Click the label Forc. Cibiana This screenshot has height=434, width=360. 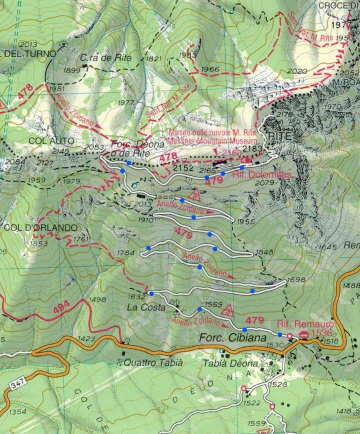coord(226,338)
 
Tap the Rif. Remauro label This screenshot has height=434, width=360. coord(305,324)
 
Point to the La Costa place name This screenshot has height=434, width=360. coord(146,307)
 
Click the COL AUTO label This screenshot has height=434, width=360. coord(45,141)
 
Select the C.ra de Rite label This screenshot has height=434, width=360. coord(105,58)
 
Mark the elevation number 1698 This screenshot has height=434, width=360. coord(296,280)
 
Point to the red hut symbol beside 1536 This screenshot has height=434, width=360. coord(304,334)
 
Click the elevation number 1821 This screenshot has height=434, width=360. coord(153,59)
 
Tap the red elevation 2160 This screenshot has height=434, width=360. coord(232,153)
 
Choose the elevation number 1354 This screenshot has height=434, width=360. coord(17,412)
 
